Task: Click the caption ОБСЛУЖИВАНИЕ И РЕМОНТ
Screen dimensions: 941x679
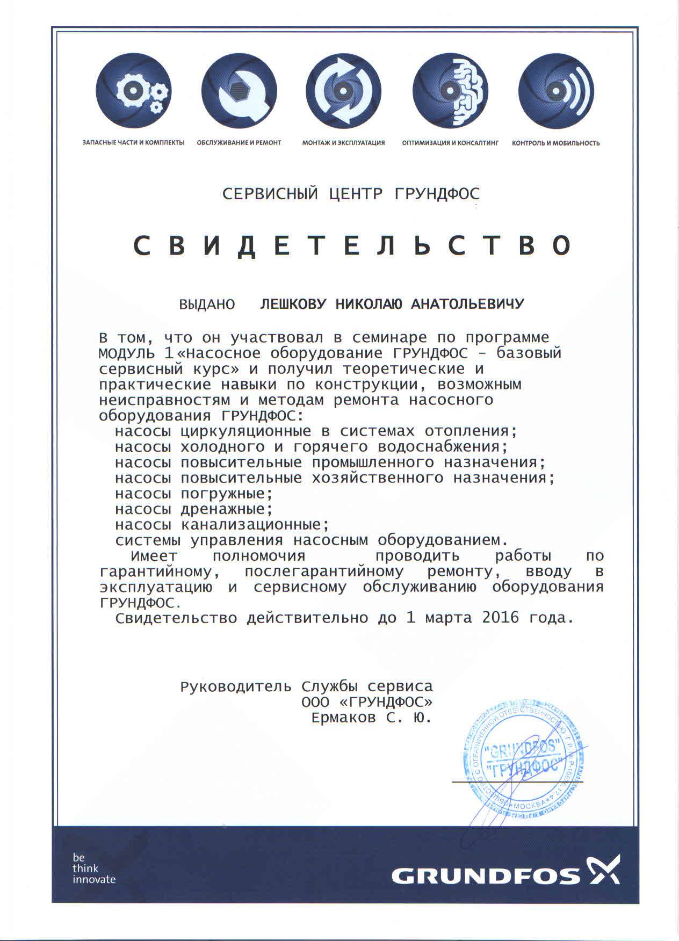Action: [x=239, y=143]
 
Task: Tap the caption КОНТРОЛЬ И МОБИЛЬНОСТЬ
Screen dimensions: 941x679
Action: [x=556, y=143]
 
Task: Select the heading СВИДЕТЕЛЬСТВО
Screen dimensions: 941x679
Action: [x=352, y=246]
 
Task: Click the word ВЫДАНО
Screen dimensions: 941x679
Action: [x=207, y=305]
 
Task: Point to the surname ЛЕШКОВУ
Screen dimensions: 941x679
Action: [x=293, y=305]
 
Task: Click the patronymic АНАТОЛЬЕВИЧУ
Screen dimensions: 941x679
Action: [x=467, y=305]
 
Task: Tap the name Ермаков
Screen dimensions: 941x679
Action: [x=344, y=718]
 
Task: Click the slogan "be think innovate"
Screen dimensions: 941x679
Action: [x=94, y=868]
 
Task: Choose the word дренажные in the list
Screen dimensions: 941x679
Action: [x=223, y=509]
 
